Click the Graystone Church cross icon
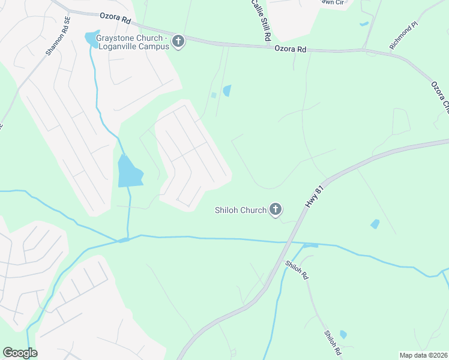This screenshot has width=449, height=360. point(178,41)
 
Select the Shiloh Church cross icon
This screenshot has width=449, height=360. point(276,209)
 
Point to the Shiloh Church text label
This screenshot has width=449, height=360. point(240,210)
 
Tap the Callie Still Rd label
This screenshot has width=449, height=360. point(260,20)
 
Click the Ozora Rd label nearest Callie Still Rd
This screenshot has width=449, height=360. point(291,49)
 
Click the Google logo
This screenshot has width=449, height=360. point(20,353)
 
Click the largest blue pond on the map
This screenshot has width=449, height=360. point(130,172)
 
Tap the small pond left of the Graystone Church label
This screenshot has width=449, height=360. point(92,40)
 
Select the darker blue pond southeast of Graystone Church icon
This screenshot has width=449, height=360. point(227,91)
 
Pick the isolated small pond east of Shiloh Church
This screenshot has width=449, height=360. point(375,224)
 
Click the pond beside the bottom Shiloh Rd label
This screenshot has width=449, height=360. point(343,334)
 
